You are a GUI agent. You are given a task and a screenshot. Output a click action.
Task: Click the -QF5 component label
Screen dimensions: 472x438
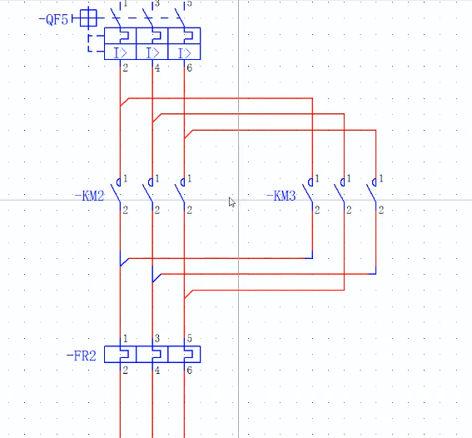[53, 20]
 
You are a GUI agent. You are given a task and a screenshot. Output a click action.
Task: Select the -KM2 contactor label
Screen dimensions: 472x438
[89, 197]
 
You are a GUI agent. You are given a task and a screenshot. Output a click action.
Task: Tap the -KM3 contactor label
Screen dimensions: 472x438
[281, 197]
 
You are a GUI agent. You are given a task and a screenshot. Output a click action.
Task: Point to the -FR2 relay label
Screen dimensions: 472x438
[82, 356]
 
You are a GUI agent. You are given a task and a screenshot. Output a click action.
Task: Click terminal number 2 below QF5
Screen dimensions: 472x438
[125, 68]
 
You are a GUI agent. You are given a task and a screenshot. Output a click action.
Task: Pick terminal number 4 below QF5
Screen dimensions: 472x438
[157, 68]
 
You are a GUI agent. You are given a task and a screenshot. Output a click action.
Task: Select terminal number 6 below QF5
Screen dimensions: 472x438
[189, 68]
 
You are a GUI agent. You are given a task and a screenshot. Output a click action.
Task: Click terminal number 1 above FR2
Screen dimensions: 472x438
[126, 339]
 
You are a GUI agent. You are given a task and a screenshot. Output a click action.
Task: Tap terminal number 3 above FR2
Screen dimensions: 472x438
[157, 339]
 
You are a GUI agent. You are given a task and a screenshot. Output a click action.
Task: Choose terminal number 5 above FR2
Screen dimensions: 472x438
[189, 339]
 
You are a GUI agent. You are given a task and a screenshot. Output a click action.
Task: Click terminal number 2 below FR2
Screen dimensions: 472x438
[125, 371]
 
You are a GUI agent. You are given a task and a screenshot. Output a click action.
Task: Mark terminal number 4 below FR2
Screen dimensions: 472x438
[157, 371]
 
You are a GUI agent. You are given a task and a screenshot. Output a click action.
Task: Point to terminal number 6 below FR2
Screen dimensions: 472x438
[189, 371]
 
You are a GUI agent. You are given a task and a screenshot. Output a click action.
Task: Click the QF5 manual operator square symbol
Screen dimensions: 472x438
[88, 18]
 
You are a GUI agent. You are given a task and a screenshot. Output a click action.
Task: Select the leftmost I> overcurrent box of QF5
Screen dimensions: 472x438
[121, 52]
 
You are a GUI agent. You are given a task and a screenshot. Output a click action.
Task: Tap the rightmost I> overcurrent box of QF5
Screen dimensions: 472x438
[184, 52]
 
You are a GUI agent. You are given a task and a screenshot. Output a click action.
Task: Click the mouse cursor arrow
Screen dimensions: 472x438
[231, 202]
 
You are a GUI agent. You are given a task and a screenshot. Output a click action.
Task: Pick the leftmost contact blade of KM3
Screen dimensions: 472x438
[308, 192]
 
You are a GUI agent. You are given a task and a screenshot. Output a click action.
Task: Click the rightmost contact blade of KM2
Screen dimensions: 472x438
[180, 192]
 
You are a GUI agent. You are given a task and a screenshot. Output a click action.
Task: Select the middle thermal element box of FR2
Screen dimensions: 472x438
[152, 354]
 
